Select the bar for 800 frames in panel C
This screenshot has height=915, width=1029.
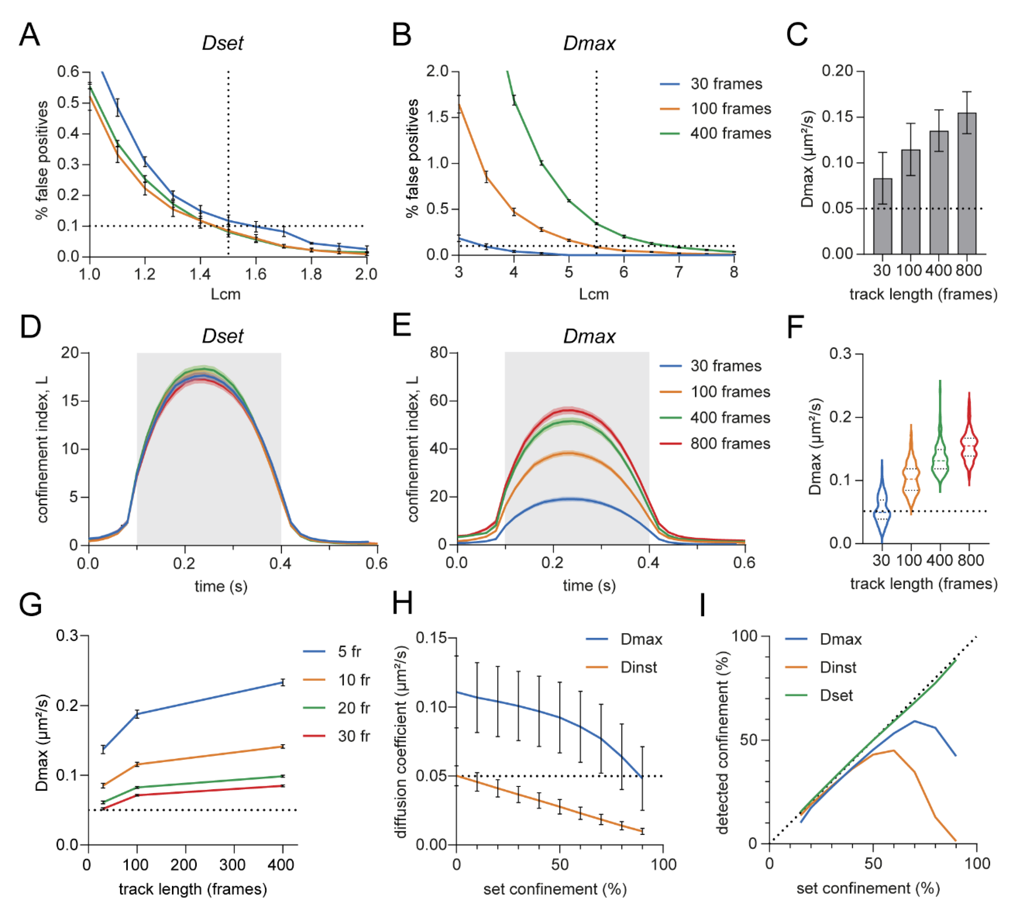(966, 183)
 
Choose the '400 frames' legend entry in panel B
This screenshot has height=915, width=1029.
(730, 133)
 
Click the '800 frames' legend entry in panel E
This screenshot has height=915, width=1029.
(730, 443)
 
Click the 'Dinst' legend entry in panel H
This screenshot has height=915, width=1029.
(638, 667)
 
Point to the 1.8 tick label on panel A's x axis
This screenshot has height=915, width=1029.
(311, 274)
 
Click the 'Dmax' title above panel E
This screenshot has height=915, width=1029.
(589, 336)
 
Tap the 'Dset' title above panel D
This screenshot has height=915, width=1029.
(223, 336)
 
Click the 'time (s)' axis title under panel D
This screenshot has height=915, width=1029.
(221, 586)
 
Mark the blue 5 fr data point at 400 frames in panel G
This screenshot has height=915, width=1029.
(283, 683)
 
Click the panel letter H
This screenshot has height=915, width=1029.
(403, 604)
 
